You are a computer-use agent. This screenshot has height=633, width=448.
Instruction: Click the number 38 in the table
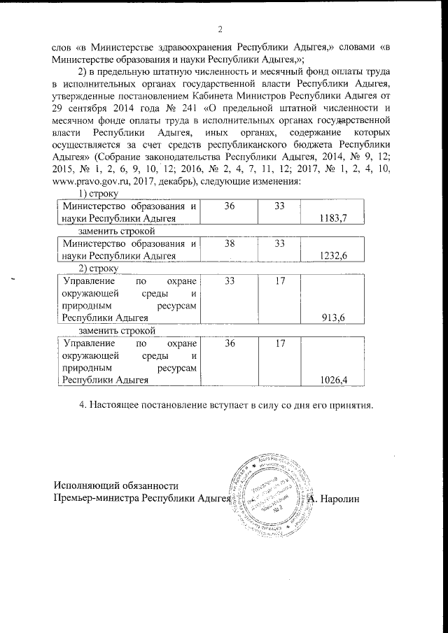click(230, 244)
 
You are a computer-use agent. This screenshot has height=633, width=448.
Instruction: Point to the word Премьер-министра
click(97, 498)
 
